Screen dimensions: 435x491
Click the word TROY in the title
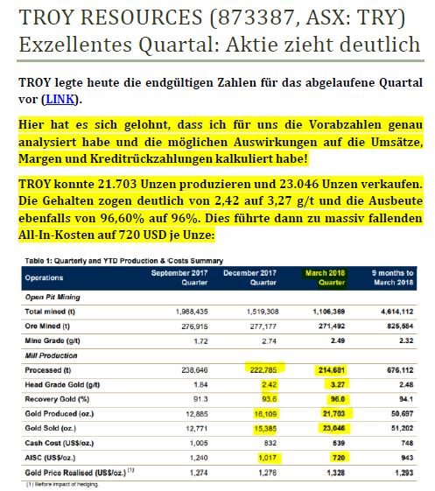49,17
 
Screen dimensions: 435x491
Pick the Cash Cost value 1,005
194,442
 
